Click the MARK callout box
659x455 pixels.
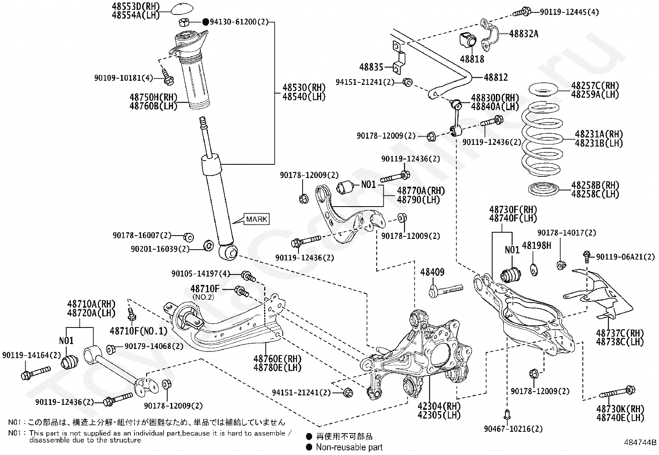(x=257, y=219)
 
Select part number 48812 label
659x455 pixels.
(x=496, y=77)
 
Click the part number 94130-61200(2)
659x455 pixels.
(x=239, y=22)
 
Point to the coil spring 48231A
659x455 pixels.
(x=543, y=139)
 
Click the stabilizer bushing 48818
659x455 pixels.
(x=468, y=39)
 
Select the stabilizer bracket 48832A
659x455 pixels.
(x=489, y=35)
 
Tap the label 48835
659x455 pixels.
(x=371, y=67)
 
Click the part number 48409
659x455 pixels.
(x=432, y=272)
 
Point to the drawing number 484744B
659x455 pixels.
(x=640, y=442)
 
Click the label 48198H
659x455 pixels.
(x=536, y=246)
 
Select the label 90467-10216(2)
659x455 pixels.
(x=513, y=429)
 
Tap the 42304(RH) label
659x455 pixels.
(x=439, y=406)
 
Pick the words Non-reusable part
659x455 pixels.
(x=349, y=448)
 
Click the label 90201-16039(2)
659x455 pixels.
(x=160, y=249)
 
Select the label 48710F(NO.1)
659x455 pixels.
(x=139, y=331)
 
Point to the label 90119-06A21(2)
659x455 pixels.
(x=625, y=257)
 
